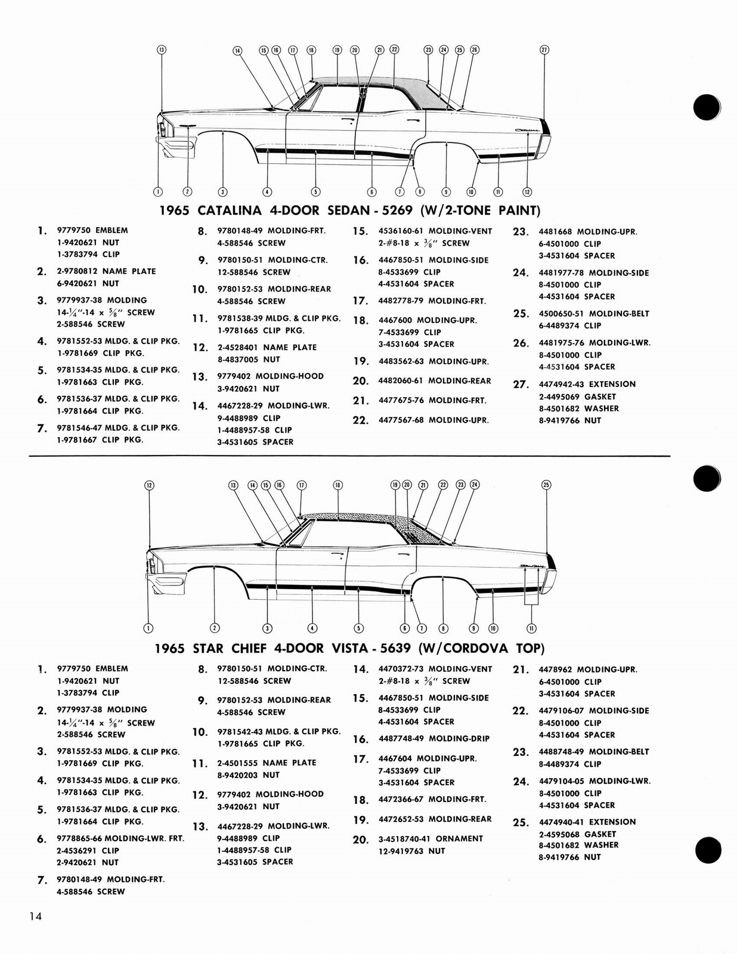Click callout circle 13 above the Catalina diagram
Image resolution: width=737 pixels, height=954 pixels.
pyautogui.click(x=161, y=49)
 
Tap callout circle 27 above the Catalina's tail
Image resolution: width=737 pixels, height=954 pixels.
pyautogui.click(x=544, y=49)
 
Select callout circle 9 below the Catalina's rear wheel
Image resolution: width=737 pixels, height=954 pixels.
pyautogui.click(x=446, y=191)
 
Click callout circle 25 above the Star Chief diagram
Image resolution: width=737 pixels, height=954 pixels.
pyautogui.click(x=546, y=485)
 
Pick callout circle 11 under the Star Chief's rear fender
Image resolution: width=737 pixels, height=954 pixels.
pyautogui.click(x=531, y=628)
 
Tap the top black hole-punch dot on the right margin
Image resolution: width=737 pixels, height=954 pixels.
pyautogui.click(x=707, y=108)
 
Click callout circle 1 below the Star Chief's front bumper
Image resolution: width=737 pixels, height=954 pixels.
pyautogui.click(x=148, y=628)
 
